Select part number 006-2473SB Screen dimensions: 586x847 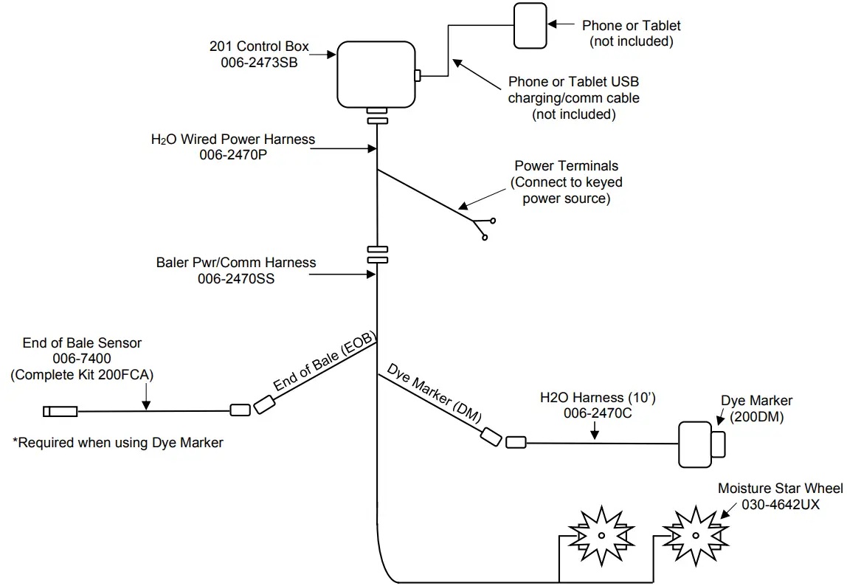pos(259,63)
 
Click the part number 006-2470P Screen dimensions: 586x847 pos(233,155)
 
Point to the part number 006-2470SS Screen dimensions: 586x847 pos(236,279)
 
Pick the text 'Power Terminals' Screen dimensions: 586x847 pos(567,166)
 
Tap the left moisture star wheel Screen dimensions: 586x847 pos(601,535)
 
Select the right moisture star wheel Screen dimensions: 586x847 pos(694,535)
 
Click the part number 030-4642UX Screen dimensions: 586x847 pos(769,505)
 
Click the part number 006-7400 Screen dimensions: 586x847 pos(83,359)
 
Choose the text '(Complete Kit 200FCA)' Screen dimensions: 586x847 pos(83,375)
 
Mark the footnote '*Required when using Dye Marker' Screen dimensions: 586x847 pos(118,443)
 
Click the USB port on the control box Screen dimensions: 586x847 pos(418,75)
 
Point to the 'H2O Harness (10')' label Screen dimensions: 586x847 pos(598,399)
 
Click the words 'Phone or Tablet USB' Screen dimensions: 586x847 pos(574,82)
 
